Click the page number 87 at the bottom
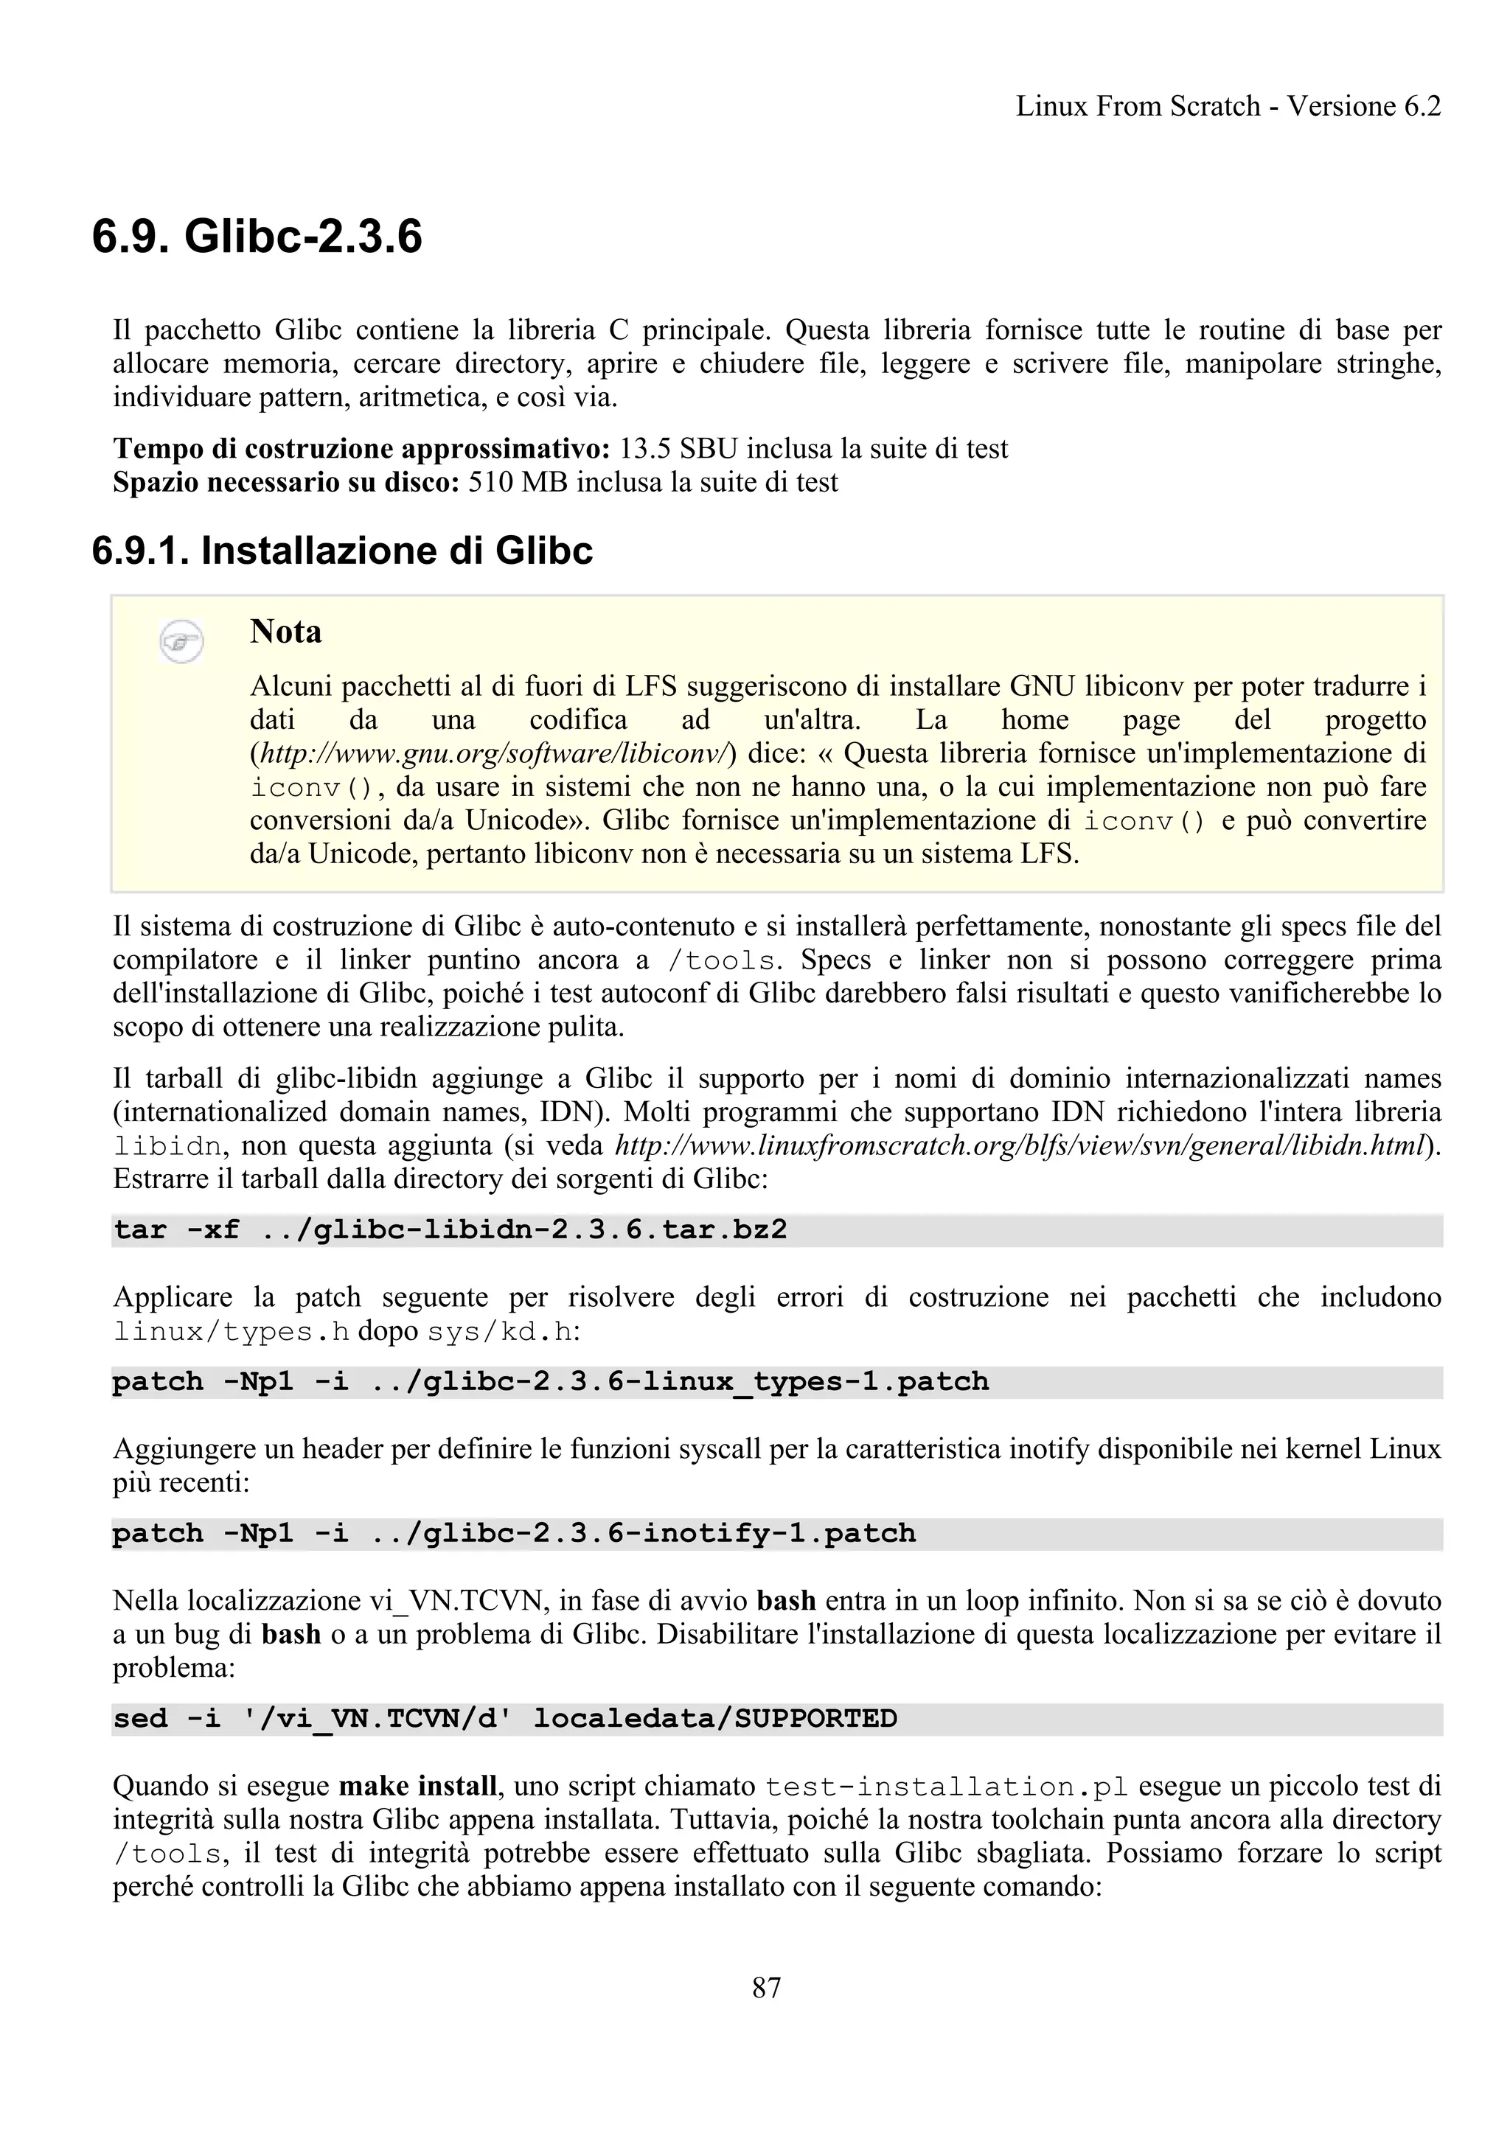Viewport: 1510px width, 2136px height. click(766, 1987)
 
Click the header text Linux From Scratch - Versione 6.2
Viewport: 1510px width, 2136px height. click(1227, 106)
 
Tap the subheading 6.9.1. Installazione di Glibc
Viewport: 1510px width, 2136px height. click(342, 551)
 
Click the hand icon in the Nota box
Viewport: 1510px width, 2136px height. click(181, 640)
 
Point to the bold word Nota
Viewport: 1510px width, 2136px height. click(285, 632)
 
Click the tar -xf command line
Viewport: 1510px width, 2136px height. click(450, 1230)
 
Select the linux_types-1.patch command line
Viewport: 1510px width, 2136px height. click(551, 1381)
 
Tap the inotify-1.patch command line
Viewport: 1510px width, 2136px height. click(515, 1533)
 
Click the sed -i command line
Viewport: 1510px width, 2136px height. click(505, 1718)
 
